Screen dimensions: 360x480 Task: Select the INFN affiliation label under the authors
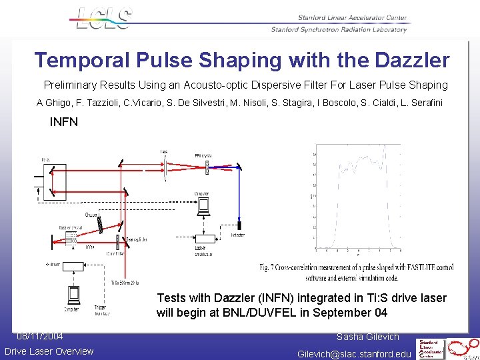click(64, 122)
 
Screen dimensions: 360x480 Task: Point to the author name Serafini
click(423, 103)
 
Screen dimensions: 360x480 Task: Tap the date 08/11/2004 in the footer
click(40, 336)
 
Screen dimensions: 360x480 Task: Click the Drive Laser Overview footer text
click(49, 351)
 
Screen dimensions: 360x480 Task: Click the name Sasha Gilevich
click(367, 337)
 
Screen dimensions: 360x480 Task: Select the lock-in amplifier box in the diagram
click(203, 238)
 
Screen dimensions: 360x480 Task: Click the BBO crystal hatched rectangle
click(207, 163)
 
